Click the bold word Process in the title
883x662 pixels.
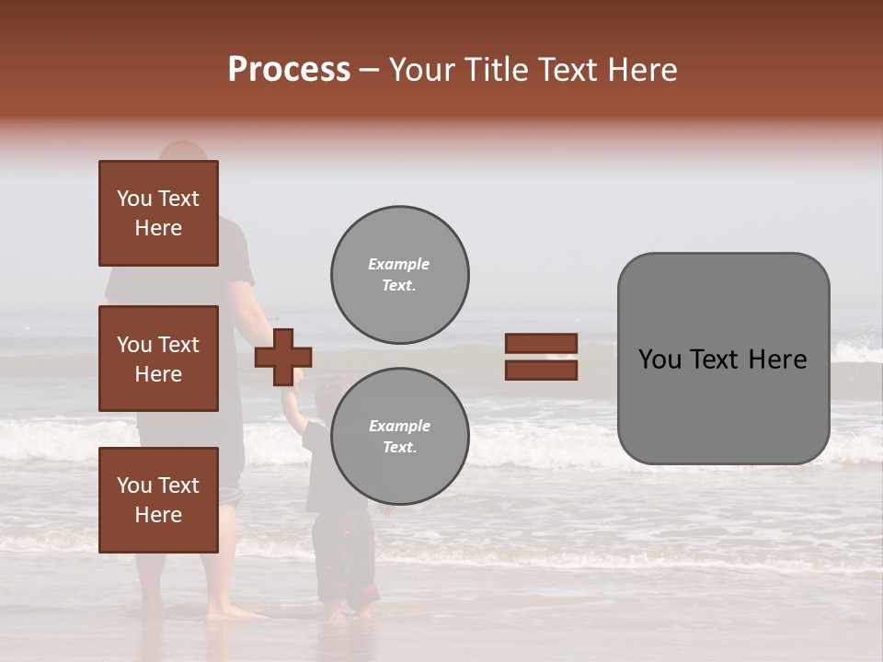(289, 70)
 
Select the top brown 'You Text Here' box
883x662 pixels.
(158, 213)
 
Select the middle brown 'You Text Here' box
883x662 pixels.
(158, 359)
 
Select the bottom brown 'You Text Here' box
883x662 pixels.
(158, 500)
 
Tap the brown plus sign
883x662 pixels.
(283, 357)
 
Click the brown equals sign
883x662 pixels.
(541, 357)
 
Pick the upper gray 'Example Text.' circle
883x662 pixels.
(399, 275)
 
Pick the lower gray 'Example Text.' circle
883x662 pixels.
(399, 437)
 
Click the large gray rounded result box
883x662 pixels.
(723, 359)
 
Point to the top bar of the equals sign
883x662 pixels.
(541, 344)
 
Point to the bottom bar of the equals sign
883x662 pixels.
(541, 370)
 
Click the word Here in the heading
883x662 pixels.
(641, 70)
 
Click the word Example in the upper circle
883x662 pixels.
(398, 264)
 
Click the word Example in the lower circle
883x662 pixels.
(399, 426)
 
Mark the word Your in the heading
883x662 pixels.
(424, 70)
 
